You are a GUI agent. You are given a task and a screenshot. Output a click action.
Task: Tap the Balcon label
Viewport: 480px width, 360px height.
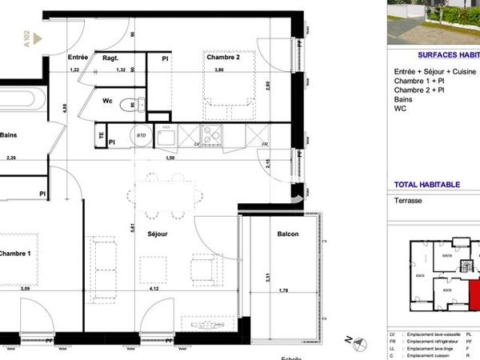[x=288, y=234]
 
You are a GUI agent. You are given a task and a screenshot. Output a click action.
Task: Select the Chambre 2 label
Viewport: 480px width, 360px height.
[x=224, y=57]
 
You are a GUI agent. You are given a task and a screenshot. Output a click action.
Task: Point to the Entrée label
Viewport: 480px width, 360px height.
[x=78, y=57]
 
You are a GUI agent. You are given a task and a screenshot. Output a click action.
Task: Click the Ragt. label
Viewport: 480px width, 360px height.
[x=110, y=58]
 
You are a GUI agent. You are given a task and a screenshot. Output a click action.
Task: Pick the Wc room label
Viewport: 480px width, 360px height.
[x=106, y=101]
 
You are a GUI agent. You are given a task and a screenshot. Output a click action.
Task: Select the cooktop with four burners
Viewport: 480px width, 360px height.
[x=213, y=137]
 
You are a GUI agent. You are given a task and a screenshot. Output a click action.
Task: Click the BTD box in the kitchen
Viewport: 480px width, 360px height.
[x=142, y=137]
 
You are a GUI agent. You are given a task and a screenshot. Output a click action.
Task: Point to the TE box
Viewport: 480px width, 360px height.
[x=101, y=136]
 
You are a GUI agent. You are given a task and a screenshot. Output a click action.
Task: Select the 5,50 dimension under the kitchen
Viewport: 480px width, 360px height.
[x=170, y=158]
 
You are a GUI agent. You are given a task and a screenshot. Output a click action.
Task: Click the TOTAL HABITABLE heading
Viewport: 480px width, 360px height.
[x=427, y=184]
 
